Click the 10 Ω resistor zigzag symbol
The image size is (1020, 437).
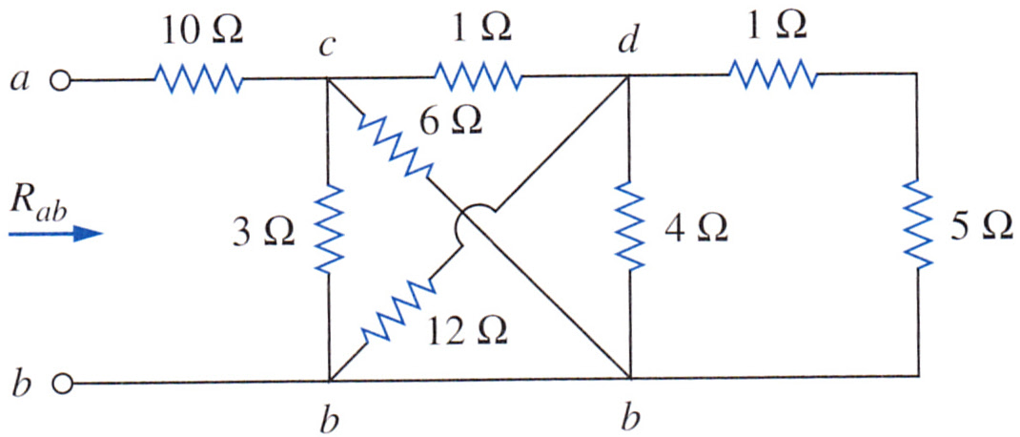198,80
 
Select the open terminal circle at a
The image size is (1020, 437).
60,81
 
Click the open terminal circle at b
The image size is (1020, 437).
60,384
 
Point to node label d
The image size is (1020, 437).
629,42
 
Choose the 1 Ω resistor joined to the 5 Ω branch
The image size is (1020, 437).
772,73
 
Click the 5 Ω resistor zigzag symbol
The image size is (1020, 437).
919,224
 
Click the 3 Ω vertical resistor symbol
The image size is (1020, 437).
329,229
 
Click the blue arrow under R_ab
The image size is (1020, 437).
56,233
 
